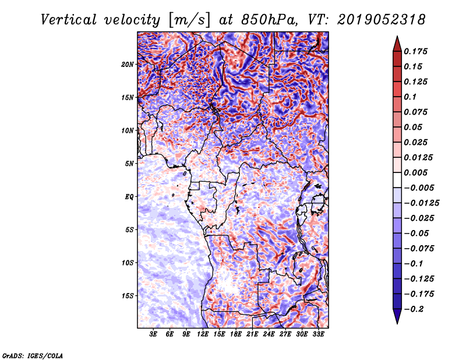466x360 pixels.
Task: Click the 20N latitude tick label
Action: (x=128, y=65)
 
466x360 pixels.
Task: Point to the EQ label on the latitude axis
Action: (x=129, y=197)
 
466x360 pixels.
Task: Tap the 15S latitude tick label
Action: (x=128, y=296)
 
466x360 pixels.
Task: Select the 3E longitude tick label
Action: (x=153, y=334)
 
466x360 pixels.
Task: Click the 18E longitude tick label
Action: (x=236, y=334)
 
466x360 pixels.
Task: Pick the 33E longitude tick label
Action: (x=318, y=334)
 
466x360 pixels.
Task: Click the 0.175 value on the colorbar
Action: (x=415, y=51)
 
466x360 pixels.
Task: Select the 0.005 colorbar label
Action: (x=415, y=172)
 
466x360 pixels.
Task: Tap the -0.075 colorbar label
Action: (x=419, y=249)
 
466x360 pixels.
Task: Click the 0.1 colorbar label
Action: (x=410, y=97)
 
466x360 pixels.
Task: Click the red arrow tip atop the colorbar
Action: (x=397, y=37)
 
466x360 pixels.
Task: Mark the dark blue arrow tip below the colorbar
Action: (x=397, y=323)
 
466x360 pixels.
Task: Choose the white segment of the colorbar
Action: (x=397, y=180)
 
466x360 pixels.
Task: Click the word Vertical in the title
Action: (x=69, y=20)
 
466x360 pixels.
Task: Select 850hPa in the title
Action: (x=269, y=20)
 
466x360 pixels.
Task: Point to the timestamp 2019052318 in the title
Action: (x=382, y=20)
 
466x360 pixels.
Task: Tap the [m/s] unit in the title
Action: (x=189, y=20)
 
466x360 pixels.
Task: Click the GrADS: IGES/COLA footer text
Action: (x=33, y=355)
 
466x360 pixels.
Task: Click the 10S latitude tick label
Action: (x=128, y=263)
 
